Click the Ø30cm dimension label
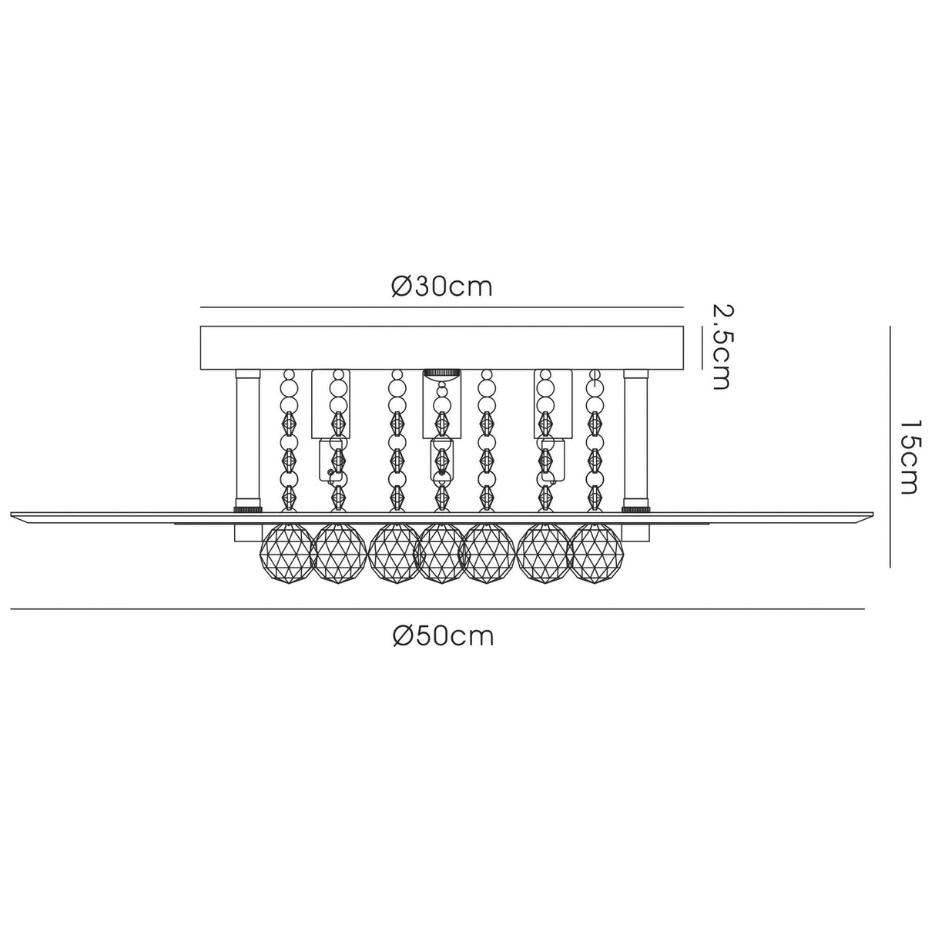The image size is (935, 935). coord(441,287)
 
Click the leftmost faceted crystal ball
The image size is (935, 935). coord(289,553)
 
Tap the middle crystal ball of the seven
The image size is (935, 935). coord(441,553)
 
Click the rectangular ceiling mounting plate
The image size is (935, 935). coord(442,347)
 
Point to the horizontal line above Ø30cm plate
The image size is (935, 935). coord(442,307)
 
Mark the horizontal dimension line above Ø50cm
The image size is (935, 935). coord(437,608)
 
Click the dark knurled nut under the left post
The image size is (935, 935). coord(248,509)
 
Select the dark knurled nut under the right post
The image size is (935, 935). coord(636,509)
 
